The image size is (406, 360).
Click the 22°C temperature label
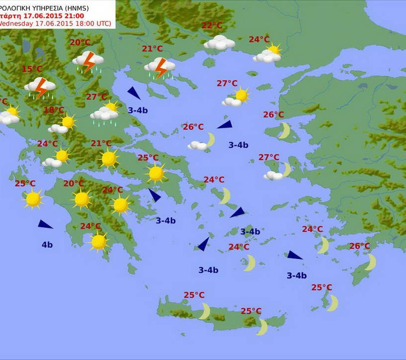211,26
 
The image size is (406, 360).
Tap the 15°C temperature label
32,69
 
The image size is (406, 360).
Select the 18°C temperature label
53,110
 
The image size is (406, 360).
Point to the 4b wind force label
47,245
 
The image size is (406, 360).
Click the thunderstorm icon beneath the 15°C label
40,87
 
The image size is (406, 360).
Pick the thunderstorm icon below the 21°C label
159,67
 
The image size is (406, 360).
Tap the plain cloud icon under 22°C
219,43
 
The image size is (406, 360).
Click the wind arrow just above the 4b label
45,224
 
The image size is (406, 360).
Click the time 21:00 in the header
73,16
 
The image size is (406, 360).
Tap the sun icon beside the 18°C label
67,122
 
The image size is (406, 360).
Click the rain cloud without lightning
104,114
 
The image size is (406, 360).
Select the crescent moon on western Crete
204,311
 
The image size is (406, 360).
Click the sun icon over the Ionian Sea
33,199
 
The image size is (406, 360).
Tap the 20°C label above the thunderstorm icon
80,43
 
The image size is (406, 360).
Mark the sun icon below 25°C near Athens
156,173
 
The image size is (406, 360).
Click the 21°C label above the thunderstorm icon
152,49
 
